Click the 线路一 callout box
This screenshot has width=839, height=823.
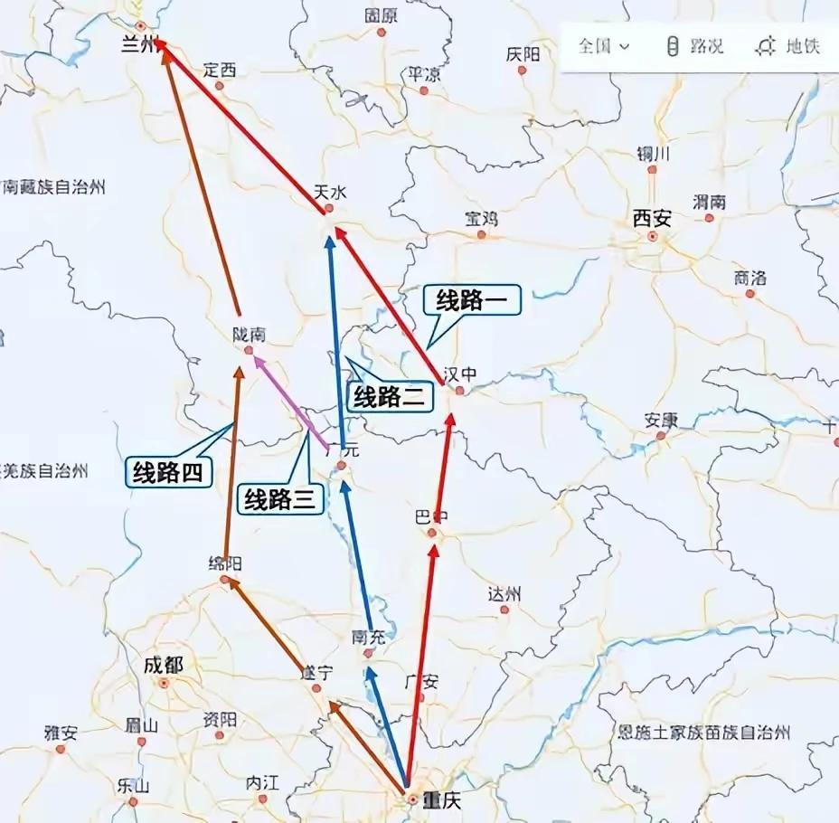click(472, 302)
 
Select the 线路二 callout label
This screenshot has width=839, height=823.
click(389, 396)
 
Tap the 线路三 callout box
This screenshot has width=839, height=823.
click(280, 498)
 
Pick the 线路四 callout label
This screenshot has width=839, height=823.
click(167, 471)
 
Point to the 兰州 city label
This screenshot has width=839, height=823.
click(139, 45)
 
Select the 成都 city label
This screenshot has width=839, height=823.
click(163, 666)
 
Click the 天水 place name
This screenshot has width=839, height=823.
click(329, 192)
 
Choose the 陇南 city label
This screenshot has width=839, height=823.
click(249, 334)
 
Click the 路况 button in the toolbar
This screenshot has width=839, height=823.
click(696, 46)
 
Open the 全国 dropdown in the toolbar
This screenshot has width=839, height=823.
click(603, 46)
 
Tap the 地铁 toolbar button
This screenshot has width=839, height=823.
click(790, 46)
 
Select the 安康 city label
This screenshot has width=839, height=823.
click(661, 420)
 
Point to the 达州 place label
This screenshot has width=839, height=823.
click(504, 594)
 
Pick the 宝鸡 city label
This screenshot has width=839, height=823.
click(481, 218)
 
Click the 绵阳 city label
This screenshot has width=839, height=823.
click(225, 563)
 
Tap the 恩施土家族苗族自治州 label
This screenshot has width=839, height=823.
click(704, 732)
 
